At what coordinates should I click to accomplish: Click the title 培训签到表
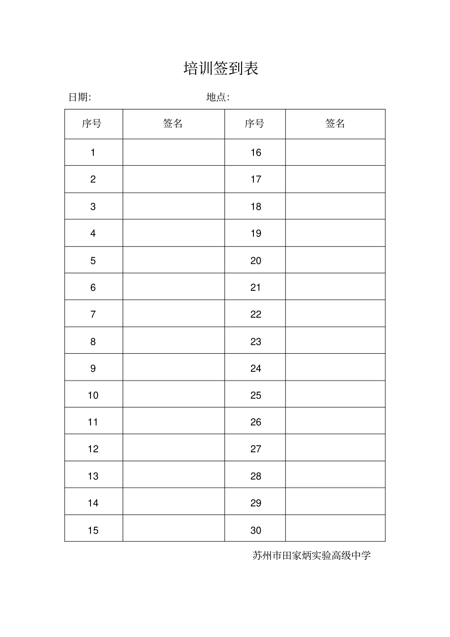pos(221,69)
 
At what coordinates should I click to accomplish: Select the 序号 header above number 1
pos(92,124)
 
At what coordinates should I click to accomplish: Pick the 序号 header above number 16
pos(255,124)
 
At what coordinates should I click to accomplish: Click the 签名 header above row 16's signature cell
pos(335,124)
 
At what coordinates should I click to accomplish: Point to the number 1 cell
pos(93,153)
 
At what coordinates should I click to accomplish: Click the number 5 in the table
pos(93,260)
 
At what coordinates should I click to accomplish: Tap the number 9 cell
pos(93,368)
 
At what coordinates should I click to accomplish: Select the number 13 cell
pos(93,476)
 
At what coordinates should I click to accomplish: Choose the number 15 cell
pos(93,530)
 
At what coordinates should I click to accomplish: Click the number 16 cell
pos(256,153)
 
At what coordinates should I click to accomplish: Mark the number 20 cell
pos(256,260)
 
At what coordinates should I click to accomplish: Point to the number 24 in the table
pos(256,368)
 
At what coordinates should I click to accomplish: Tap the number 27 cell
pos(256,449)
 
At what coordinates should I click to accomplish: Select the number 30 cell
pos(256,530)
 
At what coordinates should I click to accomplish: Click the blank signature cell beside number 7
pos(173,314)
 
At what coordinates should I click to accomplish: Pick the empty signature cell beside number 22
pos(335,314)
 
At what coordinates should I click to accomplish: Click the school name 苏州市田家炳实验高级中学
pos(312,555)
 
